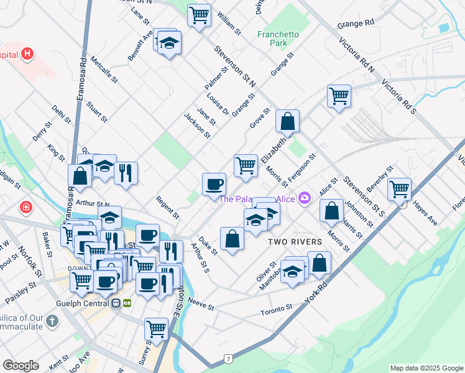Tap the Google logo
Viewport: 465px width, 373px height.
pos(21,366)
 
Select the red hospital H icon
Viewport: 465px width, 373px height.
pos(27,53)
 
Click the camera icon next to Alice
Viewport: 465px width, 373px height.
pos(305,198)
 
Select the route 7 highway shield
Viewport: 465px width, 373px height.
pos(229,359)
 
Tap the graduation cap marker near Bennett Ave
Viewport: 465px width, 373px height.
pos(169,44)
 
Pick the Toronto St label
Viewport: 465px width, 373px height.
pos(276,308)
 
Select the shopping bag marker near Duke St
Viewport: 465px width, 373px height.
pos(233,239)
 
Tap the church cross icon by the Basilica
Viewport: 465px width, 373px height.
pos(52,321)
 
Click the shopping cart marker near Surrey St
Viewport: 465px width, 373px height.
pos(156,328)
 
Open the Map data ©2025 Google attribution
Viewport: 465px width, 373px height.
pos(426,367)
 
